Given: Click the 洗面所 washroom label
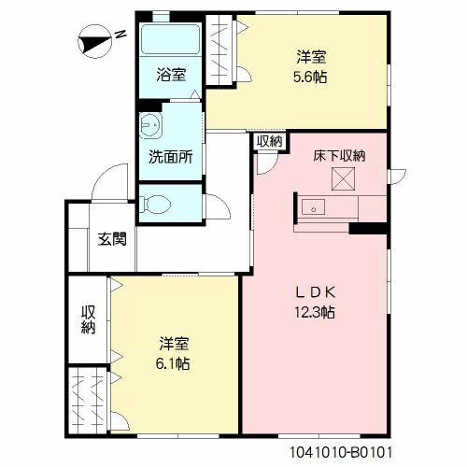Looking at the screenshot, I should (171, 157).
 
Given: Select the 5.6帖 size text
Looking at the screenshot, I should (312, 78).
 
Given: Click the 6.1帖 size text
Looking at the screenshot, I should (174, 363).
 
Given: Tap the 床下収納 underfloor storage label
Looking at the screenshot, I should (339, 156).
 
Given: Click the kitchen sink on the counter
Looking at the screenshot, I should (310, 206).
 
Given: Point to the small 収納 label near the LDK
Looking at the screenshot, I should (270, 141).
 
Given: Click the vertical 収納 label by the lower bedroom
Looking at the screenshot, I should (88, 318).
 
